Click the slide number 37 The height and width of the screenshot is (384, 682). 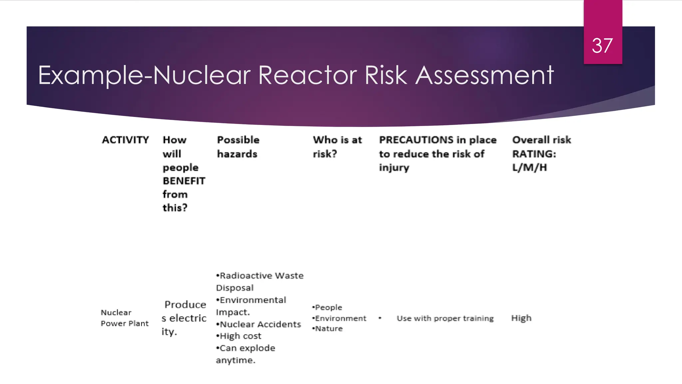[x=602, y=45]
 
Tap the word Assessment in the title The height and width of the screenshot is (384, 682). [x=485, y=75]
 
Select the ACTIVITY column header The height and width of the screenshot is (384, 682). [x=125, y=140]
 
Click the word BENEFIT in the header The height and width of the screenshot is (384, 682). [x=184, y=181]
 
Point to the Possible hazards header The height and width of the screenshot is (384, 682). [x=238, y=147]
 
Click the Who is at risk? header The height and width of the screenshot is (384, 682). [x=337, y=147]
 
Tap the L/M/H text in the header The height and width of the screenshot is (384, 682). [x=529, y=167]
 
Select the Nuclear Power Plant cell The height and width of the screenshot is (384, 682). [x=125, y=318]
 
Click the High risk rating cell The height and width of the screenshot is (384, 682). [x=521, y=318]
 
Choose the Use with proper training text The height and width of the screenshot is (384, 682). [x=445, y=318]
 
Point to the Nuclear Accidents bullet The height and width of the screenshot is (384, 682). [x=260, y=324]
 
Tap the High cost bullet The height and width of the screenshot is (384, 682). [x=240, y=336]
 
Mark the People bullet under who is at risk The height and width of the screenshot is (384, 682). [x=328, y=307]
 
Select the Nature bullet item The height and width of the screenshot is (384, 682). [x=328, y=329]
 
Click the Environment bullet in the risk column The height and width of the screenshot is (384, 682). [x=340, y=318]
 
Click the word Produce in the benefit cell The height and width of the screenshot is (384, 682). [x=185, y=305]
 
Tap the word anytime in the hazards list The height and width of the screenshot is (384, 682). [x=235, y=360]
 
